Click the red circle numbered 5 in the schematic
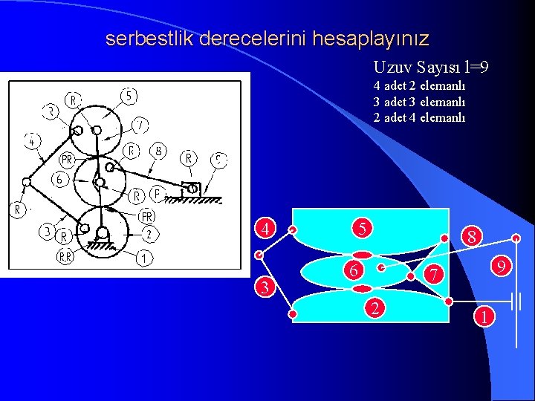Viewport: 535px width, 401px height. click(362, 229)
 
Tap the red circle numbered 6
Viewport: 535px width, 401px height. click(356, 271)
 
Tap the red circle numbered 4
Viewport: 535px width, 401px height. click(264, 228)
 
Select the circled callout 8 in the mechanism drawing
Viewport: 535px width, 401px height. click(158, 151)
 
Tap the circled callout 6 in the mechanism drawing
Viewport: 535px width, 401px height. click(59, 179)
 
